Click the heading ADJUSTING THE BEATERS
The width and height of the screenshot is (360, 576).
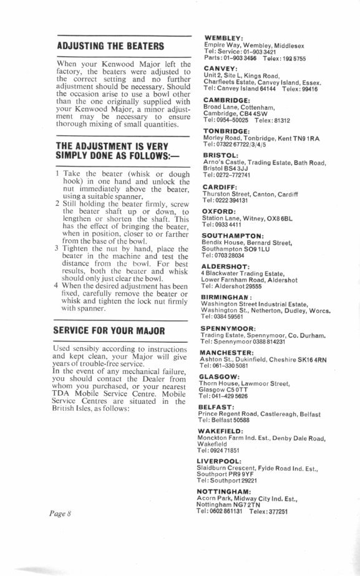110,46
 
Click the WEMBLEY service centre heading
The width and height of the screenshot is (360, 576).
224,38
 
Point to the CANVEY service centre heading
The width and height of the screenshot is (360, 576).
220,68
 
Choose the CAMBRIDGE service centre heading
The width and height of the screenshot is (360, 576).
227,99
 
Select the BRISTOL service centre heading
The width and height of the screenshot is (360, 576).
221,155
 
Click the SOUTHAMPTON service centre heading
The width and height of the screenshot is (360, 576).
235,235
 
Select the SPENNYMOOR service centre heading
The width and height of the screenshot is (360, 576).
230,327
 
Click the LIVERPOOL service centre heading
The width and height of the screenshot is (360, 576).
225,461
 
